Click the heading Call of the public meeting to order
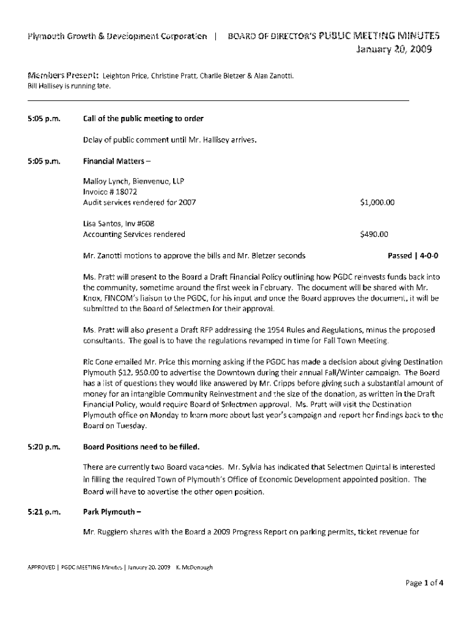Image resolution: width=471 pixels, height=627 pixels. coord(143,118)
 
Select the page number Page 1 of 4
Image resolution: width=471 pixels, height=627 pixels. coord(424,583)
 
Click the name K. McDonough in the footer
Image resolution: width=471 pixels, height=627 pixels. coord(194,568)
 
